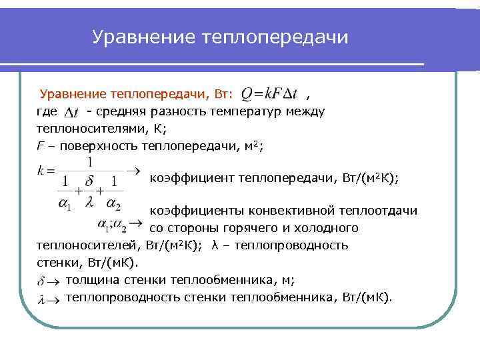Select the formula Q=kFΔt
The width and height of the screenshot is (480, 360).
coord(269,95)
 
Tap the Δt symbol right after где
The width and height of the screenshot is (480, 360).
coord(74,111)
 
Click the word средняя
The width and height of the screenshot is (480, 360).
coord(125,111)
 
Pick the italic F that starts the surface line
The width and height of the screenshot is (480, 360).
coord(39,145)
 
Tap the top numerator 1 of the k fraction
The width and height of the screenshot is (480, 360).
coord(89,162)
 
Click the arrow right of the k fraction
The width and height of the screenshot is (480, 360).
coord(134,171)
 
